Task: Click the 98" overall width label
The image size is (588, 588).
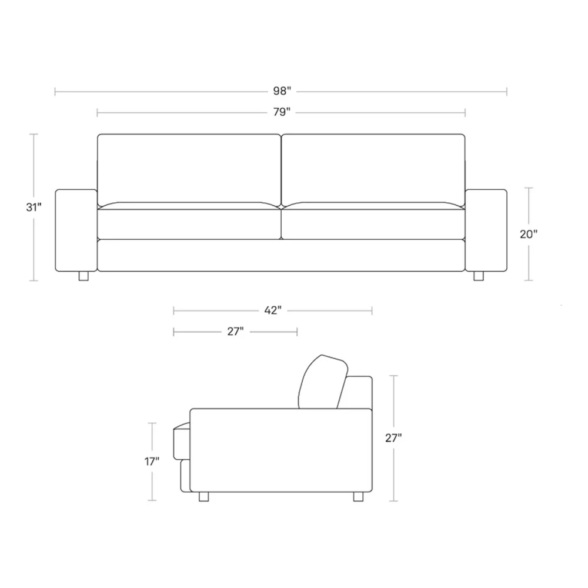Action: tap(282, 91)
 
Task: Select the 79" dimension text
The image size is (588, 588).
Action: tap(282, 112)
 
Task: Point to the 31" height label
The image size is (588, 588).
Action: tap(34, 207)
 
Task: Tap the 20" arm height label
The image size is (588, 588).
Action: tap(529, 234)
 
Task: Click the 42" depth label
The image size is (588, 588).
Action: tap(273, 310)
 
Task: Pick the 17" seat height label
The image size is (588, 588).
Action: tap(152, 462)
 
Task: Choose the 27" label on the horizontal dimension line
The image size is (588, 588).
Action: tap(236, 332)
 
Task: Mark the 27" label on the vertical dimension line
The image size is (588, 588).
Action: tap(393, 437)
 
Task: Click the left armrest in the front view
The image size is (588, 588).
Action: tap(76, 230)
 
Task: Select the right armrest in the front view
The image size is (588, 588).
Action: tap(486, 230)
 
